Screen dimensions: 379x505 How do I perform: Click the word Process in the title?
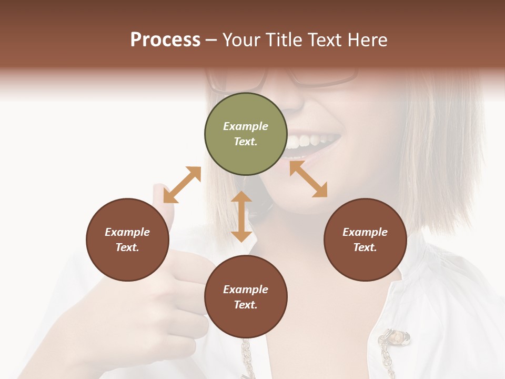point(165,40)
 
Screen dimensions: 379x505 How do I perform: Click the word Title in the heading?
point(284,40)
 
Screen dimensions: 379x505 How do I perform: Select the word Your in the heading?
point(241,40)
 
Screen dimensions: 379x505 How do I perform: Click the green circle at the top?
point(246,134)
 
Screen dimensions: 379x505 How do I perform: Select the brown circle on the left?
point(127,240)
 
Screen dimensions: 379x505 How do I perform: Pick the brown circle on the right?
point(365,240)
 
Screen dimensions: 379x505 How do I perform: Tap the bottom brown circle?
point(246,297)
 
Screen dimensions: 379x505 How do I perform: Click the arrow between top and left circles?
point(182,185)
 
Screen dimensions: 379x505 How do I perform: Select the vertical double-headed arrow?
point(241,216)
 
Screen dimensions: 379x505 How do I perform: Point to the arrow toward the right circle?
point(308,179)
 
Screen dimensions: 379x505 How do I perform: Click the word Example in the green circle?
point(246,126)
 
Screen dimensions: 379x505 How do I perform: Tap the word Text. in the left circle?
point(127,247)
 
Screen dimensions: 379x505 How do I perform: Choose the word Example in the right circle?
point(365,232)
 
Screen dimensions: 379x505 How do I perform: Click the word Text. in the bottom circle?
point(246,305)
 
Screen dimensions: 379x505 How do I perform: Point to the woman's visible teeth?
point(310,141)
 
